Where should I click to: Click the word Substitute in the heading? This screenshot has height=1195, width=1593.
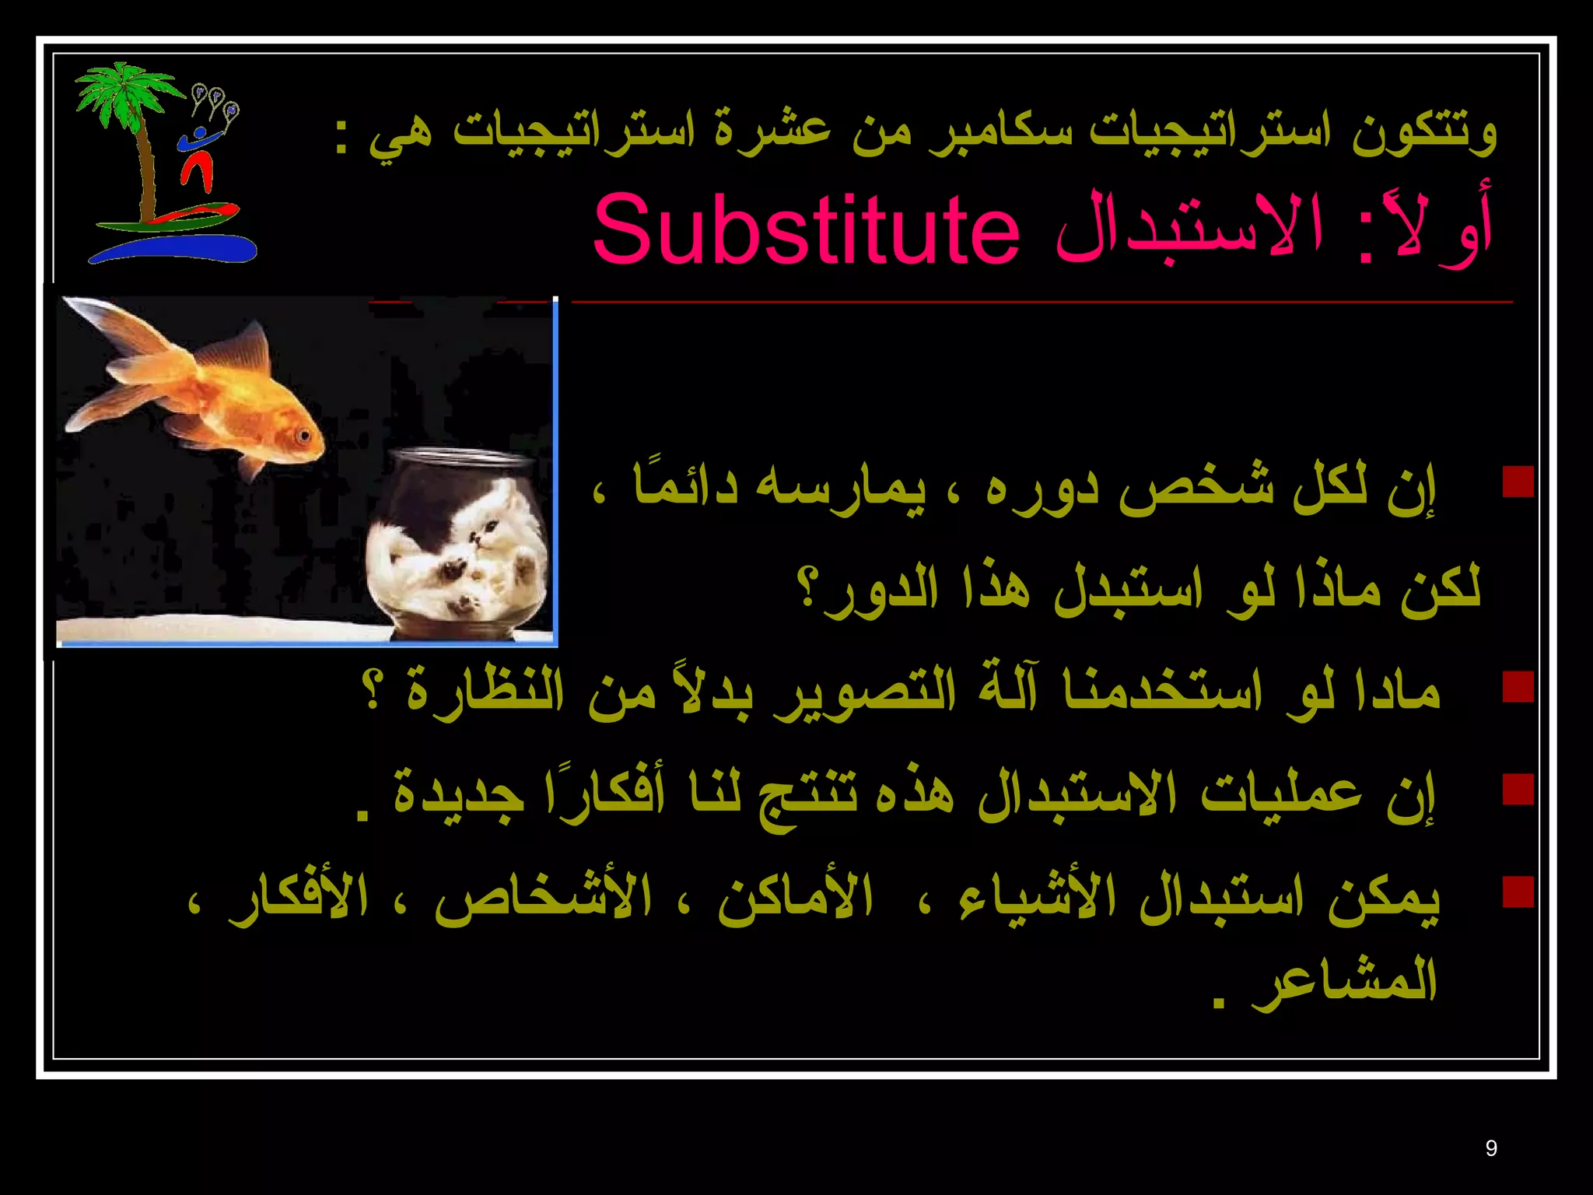click(806, 230)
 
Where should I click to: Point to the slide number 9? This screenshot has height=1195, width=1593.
click(1490, 1148)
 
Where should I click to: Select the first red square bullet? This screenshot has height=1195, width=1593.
click(1518, 482)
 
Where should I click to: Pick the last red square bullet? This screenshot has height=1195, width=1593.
click(1518, 892)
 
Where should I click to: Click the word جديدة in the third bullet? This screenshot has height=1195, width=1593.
click(459, 794)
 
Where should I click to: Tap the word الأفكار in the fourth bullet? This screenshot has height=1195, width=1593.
click(299, 896)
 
